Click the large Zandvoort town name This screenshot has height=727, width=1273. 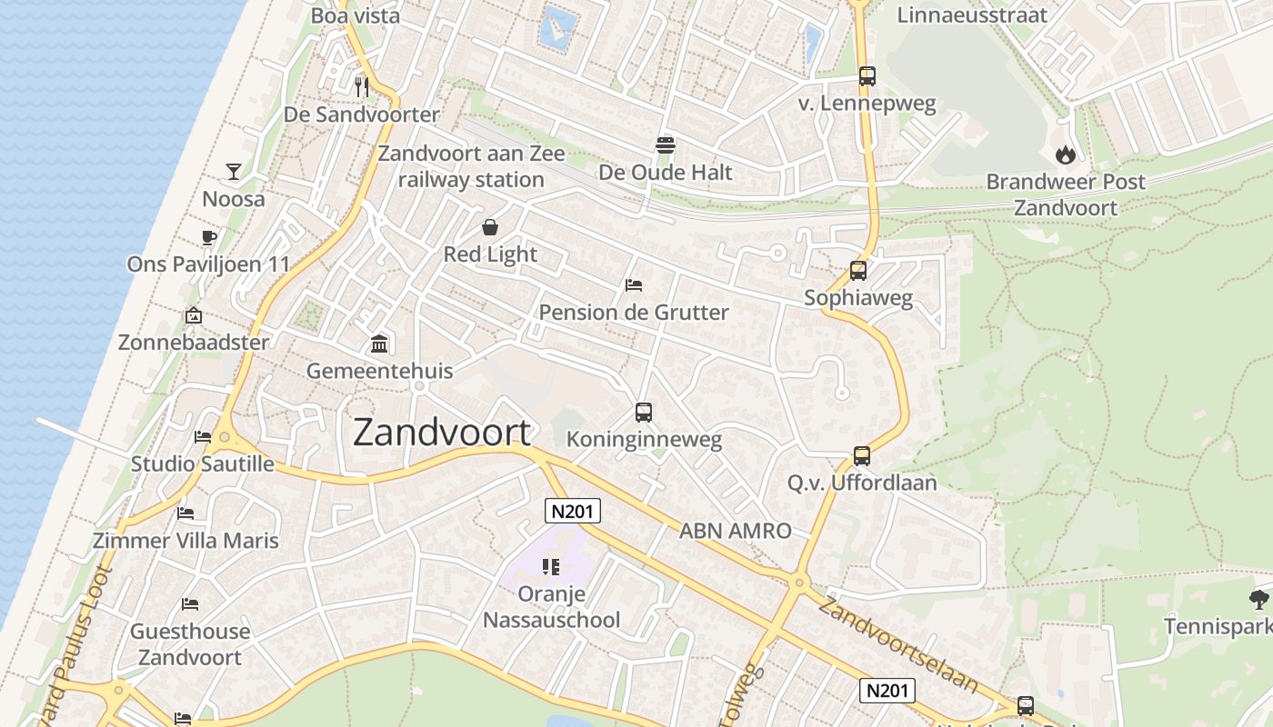point(441,433)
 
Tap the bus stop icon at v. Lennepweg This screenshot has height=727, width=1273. point(867,76)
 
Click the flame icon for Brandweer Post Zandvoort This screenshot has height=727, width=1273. point(1066,154)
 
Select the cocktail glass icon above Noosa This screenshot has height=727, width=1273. point(234,171)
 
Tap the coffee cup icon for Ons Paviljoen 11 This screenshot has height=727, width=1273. point(209,238)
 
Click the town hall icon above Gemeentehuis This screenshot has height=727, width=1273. point(379,344)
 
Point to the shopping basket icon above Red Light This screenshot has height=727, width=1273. point(490,227)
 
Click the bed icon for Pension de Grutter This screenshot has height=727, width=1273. point(634,285)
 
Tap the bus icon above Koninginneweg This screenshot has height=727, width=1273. point(644,413)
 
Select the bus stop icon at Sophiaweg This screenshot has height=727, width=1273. point(858,271)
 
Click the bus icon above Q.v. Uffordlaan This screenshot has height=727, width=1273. point(862,455)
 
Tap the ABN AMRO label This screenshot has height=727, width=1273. point(735,531)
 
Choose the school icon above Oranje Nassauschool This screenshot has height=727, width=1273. point(550,567)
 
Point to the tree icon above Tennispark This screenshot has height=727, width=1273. point(1258,599)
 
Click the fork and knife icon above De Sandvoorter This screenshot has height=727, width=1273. point(362,86)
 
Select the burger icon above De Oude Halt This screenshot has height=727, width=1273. point(666,144)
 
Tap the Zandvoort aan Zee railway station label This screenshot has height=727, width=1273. point(471,167)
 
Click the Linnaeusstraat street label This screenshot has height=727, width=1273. point(972,15)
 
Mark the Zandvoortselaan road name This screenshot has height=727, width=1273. point(898,643)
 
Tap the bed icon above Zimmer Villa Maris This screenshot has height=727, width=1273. point(185,513)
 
